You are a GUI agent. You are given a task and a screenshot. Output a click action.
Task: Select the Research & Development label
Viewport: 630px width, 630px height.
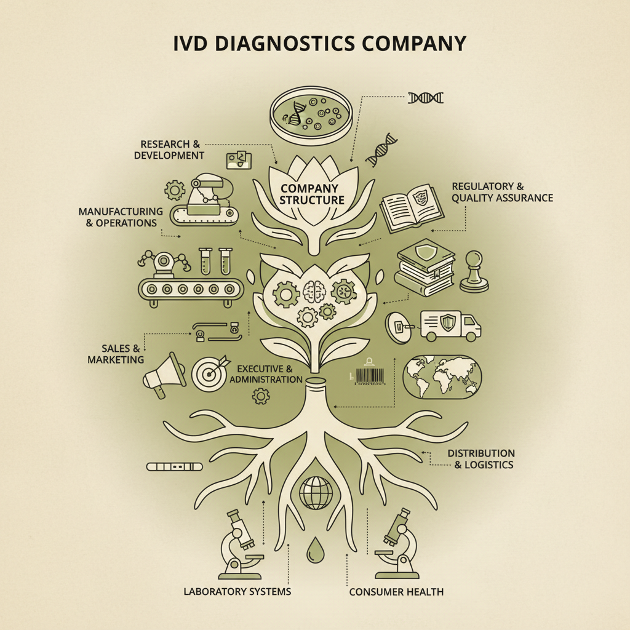pos(169,150)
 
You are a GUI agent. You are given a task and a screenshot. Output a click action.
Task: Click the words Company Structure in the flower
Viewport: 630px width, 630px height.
pos(312,194)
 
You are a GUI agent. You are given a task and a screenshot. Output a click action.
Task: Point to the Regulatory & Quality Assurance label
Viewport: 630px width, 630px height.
pos(502,192)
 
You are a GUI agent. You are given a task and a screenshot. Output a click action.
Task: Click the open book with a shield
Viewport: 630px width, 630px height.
pos(412,204)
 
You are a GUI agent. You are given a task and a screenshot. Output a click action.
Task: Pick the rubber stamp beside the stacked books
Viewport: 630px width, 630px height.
pos(474,271)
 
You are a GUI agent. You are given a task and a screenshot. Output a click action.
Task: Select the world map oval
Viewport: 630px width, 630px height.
pos(442,377)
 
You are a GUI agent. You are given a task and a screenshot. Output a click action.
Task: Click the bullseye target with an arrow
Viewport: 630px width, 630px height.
pos(210,372)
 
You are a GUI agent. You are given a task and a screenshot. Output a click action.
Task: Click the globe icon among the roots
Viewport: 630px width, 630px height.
pos(315,492)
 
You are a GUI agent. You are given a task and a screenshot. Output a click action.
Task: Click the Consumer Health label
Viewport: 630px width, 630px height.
pos(396,592)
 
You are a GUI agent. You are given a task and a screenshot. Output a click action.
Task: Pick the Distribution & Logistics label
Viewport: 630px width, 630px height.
pos(480,459)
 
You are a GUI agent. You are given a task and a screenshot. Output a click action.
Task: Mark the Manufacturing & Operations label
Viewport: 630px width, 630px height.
pos(121,217)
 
